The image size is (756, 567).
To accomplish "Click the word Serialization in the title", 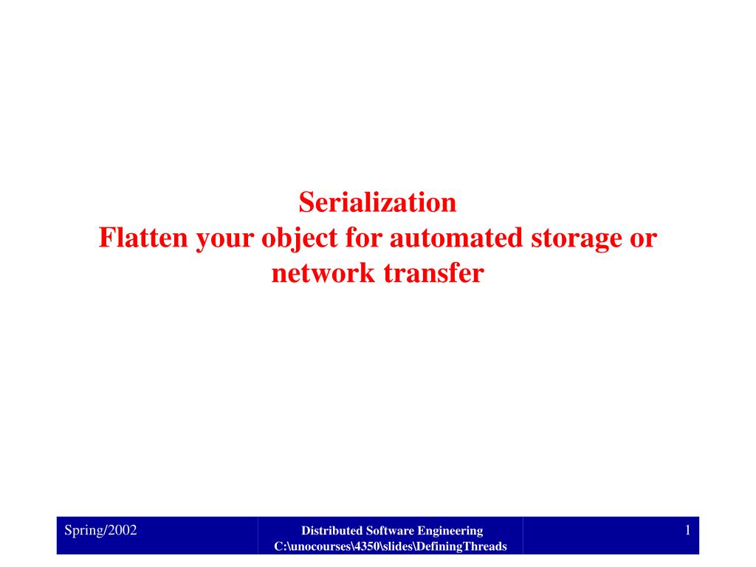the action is [377, 202].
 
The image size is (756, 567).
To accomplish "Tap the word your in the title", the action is [224, 240].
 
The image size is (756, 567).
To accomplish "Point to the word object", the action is [300, 239].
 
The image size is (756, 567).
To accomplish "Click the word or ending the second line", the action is [643, 240].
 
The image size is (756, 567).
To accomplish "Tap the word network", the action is [323, 273].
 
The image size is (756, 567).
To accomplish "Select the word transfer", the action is [434, 273].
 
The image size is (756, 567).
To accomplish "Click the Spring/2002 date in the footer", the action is [100, 530].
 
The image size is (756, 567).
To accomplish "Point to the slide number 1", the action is [687, 530].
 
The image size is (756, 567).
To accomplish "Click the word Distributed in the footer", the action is [331, 530].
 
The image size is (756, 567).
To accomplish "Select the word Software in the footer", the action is [390, 530].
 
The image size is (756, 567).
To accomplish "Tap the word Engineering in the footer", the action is [450, 532].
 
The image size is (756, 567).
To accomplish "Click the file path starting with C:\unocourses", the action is [391, 546].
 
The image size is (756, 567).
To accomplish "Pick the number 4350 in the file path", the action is [366, 546].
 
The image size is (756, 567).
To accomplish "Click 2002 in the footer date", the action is [123, 530].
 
